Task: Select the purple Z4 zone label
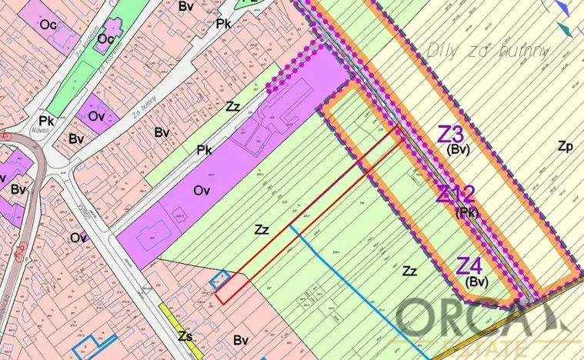[x=470, y=266]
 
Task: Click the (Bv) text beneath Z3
[x=458, y=149]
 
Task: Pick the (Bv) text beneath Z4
[x=477, y=282]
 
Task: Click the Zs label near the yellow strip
[x=185, y=335]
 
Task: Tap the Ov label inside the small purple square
[x=96, y=116]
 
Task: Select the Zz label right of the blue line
[x=410, y=271]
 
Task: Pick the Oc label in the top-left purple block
[x=48, y=25]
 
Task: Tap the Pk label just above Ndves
[x=46, y=122]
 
